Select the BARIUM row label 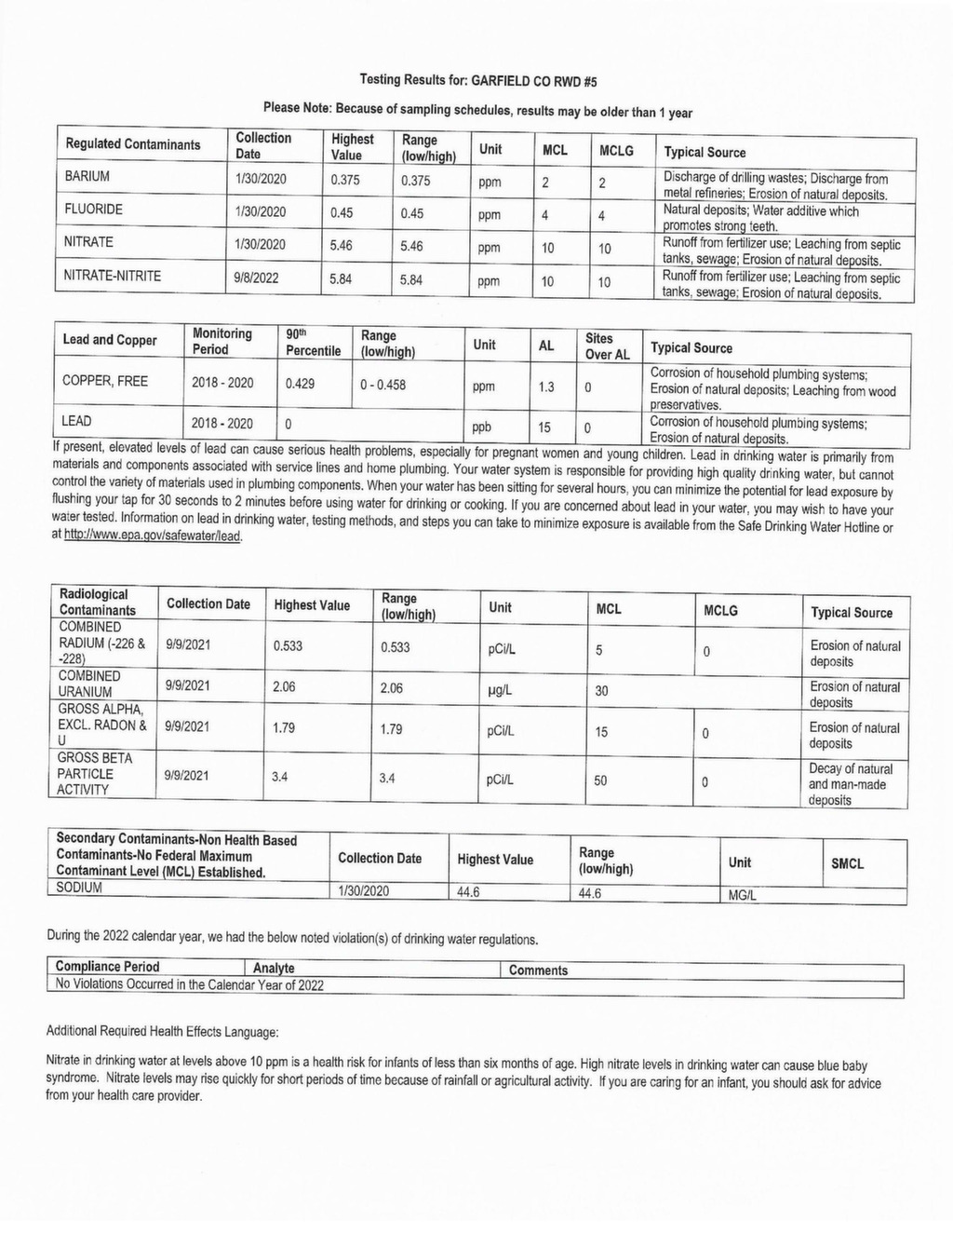[87, 176]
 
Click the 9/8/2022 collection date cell [257, 278]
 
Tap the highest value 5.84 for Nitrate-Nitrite [342, 278]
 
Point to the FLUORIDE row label [93, 210]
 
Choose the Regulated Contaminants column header [132, 144]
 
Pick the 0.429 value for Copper [300, 383]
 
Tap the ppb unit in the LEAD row [481, 427]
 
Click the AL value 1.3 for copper [545, 386]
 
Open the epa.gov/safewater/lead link [152, 536]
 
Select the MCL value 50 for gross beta [601, 780]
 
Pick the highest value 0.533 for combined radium [288, 645]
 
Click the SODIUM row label [79, 888]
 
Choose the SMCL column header [847, 863]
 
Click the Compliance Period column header [107, 967]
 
